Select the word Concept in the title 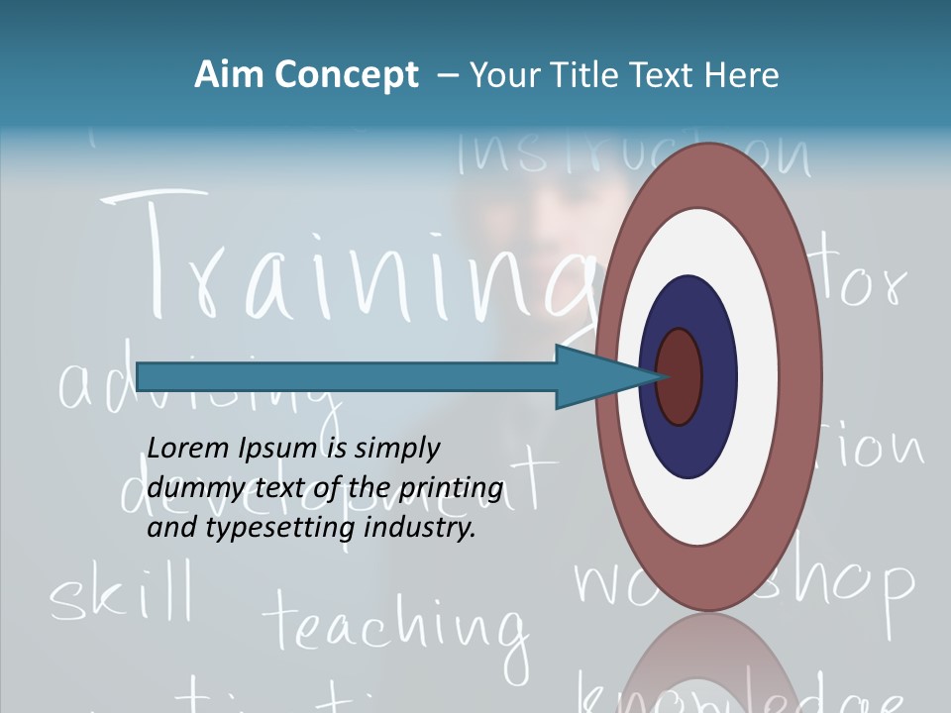(x=347, y=75)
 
